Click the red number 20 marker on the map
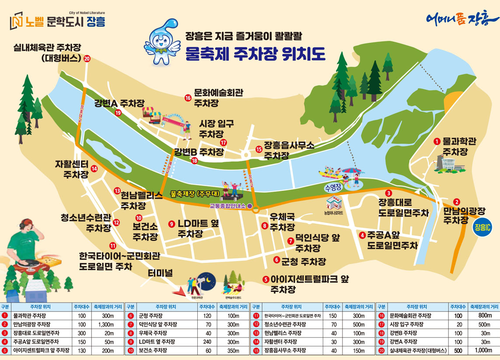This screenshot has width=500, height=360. pos(87,58)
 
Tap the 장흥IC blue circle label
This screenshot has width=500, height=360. pos(482,227)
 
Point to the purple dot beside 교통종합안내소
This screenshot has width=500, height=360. pos(250,205)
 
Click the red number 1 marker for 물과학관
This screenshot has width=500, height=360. pos(436,141)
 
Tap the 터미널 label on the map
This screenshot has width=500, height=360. pos(160,273)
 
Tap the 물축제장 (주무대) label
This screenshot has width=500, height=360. pos(191,193)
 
